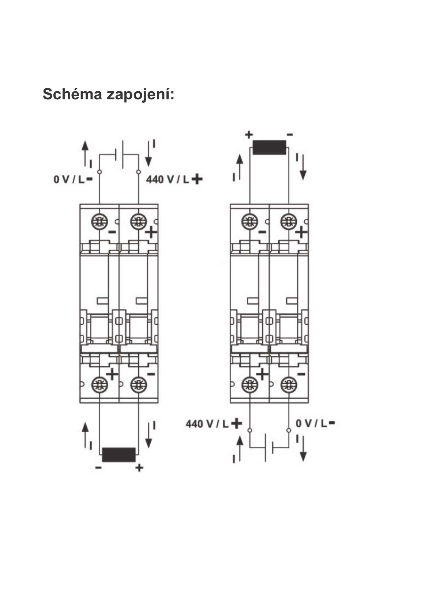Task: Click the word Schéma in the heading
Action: [72, 94]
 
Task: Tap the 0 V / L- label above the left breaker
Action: [73, 179]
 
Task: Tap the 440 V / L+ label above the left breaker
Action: [174, 179]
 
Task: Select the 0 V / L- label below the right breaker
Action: [315, 423]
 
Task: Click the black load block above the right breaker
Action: [269, 147]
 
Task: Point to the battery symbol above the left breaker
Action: [119, 154]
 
